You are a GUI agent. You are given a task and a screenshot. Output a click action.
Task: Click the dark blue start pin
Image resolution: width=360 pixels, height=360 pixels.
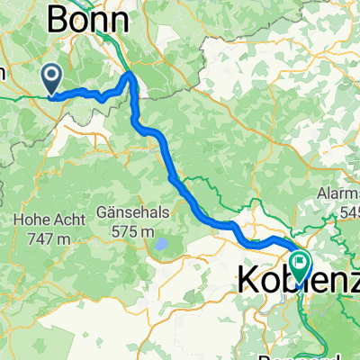pos(53,79)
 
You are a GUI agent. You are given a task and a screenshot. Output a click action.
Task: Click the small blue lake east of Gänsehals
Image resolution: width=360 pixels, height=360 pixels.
pos(159,244)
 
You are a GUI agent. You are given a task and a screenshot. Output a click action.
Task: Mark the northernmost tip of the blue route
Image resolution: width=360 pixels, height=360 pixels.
pos(132,73)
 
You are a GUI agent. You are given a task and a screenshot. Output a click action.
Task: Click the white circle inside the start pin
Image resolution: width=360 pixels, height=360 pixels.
pos(53,76)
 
